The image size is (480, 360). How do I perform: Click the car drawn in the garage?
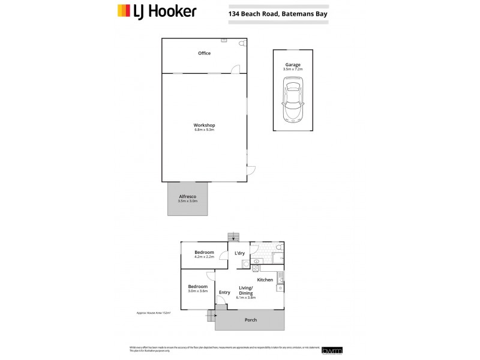(293, 101)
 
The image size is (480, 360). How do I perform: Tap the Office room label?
(205, 53)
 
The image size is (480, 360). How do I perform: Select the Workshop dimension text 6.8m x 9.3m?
(205, 130)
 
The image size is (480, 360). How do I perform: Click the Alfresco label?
(188, 196)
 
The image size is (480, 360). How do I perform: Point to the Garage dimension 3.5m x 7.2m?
(293, 70)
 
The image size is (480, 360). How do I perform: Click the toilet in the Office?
(241, 44)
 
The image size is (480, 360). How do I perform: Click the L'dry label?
(239, 253)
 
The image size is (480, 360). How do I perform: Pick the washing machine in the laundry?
(256, 261)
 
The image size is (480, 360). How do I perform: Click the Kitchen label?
(265, 280)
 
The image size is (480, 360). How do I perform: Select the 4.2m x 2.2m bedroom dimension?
(205, 257)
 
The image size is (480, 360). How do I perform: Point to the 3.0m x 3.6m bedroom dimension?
(197, 291)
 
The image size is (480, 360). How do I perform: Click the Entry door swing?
(221, 307)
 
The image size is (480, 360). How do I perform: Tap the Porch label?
(251, 320)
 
